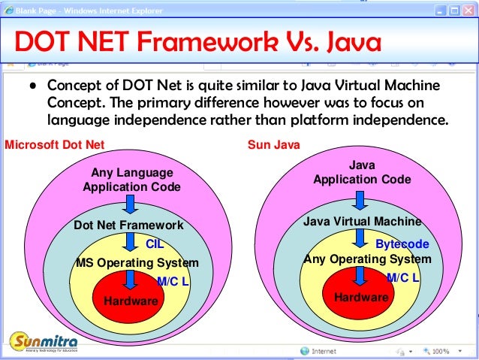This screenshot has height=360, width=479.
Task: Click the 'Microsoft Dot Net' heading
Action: coord(55,145)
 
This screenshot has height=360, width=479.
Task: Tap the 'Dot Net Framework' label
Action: coord(128,225)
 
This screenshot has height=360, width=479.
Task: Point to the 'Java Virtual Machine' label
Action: coord(362,222)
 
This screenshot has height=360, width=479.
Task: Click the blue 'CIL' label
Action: coord(155,244)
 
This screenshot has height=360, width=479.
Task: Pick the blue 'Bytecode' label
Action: coord(402,244)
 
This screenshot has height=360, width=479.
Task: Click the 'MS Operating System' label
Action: coord(137,263)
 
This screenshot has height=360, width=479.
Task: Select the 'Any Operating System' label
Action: coord(367,259)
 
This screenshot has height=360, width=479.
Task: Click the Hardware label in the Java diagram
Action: coord(361,297)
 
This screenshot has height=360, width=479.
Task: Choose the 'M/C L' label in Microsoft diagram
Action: coord(173,281)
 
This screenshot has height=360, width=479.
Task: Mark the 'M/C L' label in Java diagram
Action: coord(402,278)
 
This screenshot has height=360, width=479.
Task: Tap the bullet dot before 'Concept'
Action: coord(34,86)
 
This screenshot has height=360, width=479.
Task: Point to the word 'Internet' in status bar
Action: coord(324,351)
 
